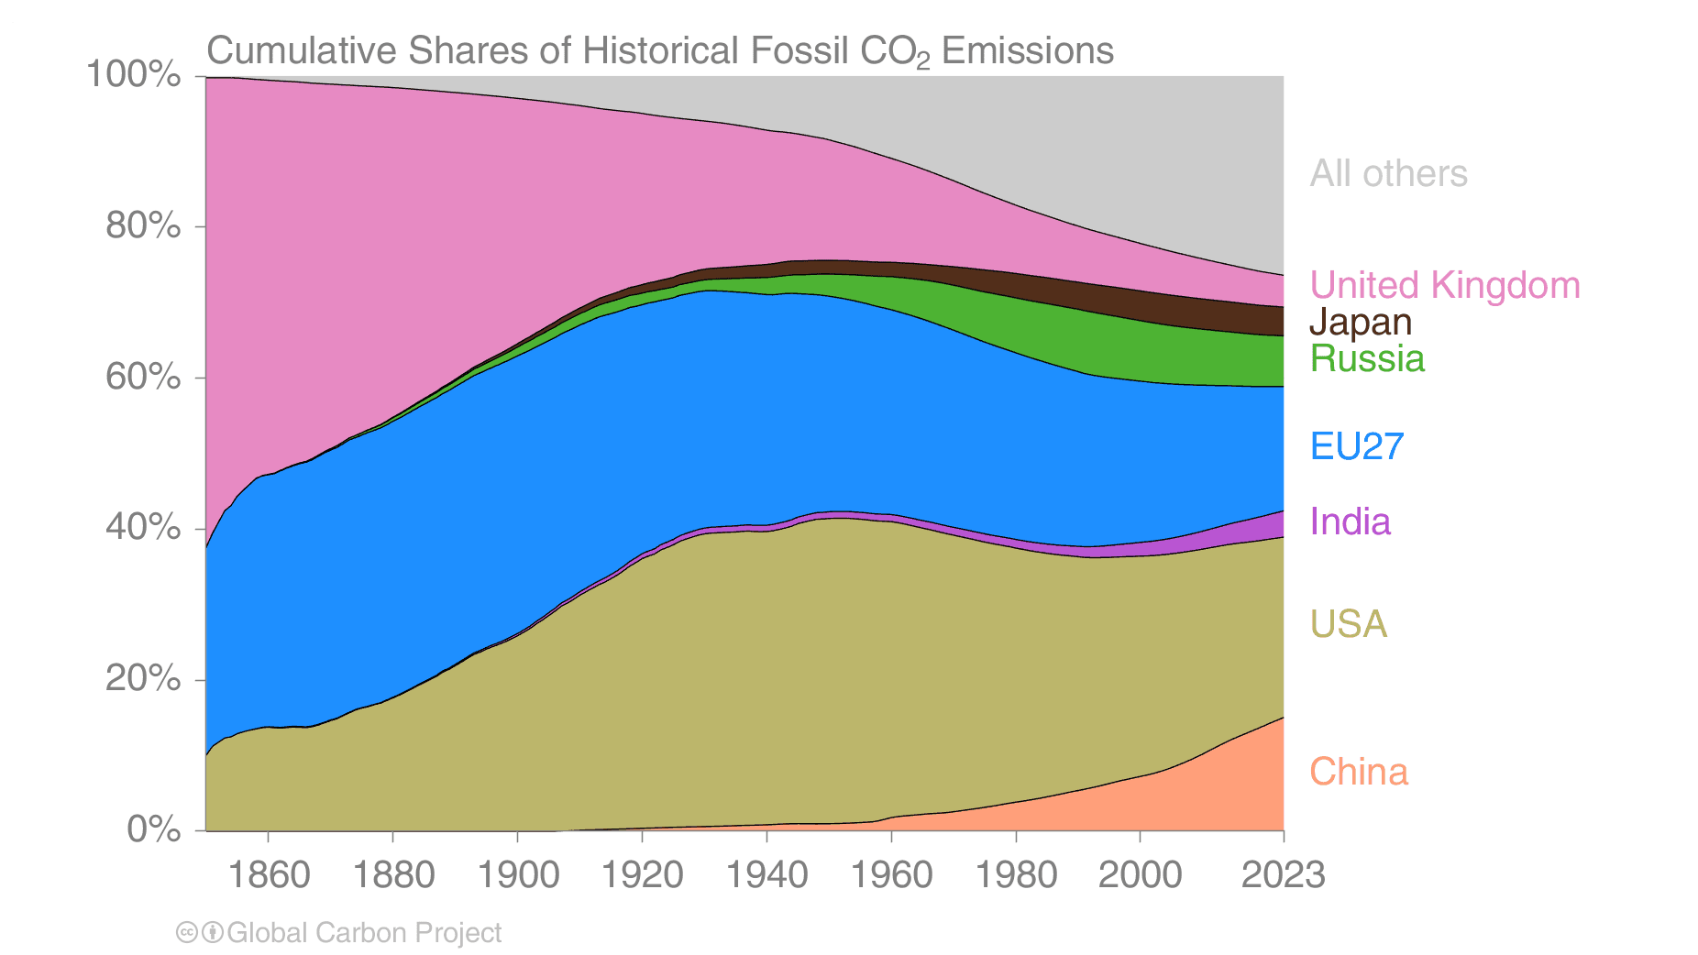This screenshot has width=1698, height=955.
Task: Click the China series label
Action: click(1358, 772)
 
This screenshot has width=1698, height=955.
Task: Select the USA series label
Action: click(1348, 624)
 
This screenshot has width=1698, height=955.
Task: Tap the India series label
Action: click(1350, 521)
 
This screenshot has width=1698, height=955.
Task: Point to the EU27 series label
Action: click(1356, 446)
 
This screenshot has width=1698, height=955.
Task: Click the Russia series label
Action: click(1366, 358)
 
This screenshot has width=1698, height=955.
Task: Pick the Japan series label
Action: click(1360, 322)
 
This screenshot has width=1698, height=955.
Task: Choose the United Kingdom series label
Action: click(1444, 285)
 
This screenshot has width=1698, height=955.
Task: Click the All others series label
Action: click(1388, 173)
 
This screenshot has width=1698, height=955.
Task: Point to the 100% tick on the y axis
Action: click(133, 75)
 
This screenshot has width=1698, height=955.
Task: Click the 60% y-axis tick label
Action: click(143, 377)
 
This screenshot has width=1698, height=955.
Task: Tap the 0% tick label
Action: click(153, 829)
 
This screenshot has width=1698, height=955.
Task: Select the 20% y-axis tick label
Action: click(143, 678)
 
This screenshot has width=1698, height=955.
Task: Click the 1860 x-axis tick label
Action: click(268, 874)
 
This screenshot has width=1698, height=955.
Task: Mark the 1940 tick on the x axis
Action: click(766, 874)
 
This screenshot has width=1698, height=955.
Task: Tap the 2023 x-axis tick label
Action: click(1283, 874)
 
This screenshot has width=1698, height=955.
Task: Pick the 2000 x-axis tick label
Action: click(1140, 874)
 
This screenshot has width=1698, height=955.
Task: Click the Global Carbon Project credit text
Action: click(363, 933)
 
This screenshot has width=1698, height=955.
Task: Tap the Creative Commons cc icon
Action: click(187, 933)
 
